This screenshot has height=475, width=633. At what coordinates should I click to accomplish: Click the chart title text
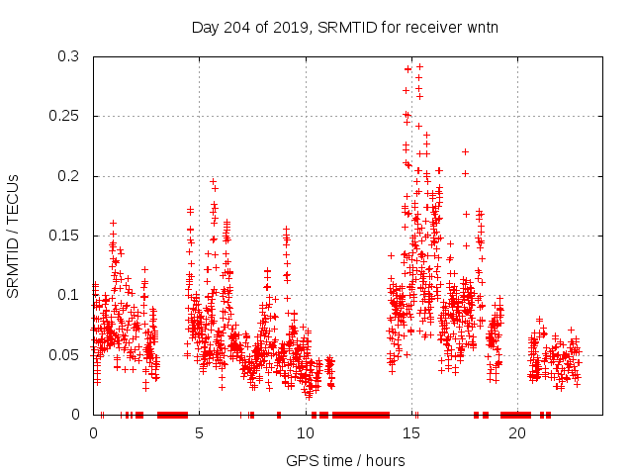click(344, 27)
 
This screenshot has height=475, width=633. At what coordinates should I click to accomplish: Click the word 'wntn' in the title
click(481, 27)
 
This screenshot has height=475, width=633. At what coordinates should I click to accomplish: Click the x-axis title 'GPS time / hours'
click(344, 460)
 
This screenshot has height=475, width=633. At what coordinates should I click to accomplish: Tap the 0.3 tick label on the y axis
click(71, 57)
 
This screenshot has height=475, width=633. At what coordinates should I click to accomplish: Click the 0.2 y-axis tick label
click(71, 176)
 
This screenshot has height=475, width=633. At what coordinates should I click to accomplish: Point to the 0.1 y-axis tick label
click(71, 295)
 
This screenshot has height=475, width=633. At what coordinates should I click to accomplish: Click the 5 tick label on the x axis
click(200, 433)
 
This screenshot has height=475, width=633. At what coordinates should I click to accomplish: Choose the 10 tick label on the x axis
click(306, 433)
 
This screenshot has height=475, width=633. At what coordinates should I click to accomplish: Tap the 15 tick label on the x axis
click(411, 433)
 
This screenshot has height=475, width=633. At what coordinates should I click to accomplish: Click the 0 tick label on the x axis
click(94, 433)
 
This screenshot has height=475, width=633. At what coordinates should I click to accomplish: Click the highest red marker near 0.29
click(419, 66)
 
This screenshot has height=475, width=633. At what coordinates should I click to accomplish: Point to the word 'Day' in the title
click(204, 27)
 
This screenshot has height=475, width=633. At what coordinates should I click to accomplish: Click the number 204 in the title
click(237, 27)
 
